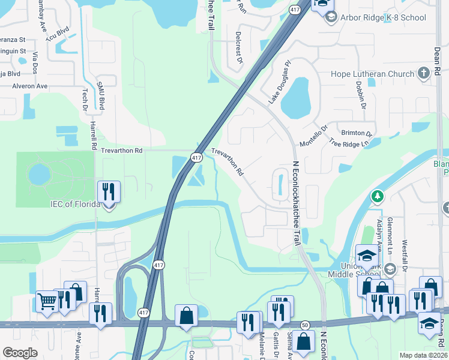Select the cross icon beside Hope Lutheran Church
[x=424, y=74]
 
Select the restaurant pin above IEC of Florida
[x=109, y=192]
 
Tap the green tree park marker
[x=378, y=196]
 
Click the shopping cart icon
[x=46, y=301]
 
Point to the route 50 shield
[x=304, y=324]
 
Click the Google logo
[x=20, y=352]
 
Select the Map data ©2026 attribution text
[x=423, y=355]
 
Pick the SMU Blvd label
[x=101, y=97]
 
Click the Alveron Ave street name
[x=30, y=86]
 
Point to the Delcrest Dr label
[x=238, y=47]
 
